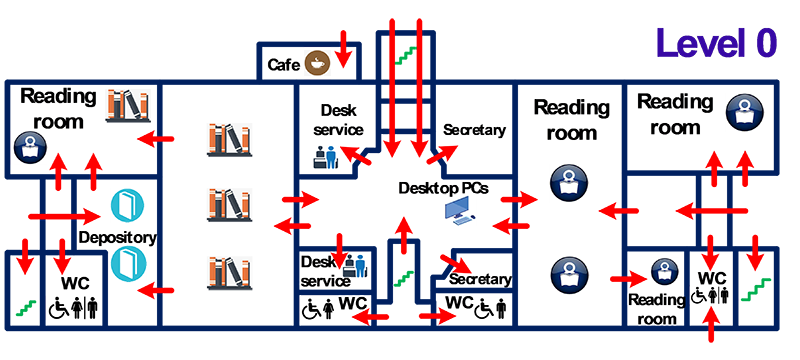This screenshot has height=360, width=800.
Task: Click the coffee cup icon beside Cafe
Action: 318,64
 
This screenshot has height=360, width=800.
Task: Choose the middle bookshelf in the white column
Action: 229,203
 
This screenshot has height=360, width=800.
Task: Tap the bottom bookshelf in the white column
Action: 229,273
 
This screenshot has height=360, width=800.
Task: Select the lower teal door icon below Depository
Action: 125,265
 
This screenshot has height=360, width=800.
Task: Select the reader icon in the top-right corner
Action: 745,108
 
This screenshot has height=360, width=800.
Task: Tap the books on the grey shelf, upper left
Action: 129,106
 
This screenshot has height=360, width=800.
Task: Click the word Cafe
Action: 284,65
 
